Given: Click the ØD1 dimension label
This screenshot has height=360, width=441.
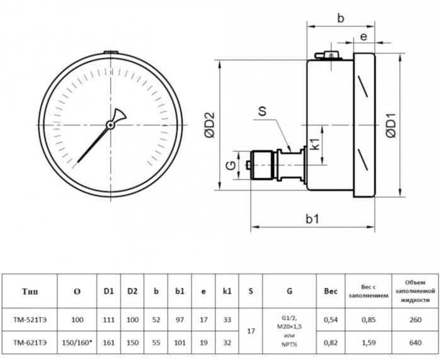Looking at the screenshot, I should [x=392, y=125].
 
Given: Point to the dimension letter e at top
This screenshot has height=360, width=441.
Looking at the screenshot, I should [x=364, y=38].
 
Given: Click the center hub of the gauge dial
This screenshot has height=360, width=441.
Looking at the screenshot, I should [x=110, y=125].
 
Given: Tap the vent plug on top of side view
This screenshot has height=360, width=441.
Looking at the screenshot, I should [x=330, y=56].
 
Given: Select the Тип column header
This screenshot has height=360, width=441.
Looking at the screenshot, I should [x=30, y=291].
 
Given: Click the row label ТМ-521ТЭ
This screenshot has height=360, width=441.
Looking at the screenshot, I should [x=30, y=320].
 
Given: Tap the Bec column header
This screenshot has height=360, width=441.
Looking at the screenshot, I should [x=330, y=291].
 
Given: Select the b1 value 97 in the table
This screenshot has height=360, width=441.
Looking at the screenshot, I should [x=179, y=320].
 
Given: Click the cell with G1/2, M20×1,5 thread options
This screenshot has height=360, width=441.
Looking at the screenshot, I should [x=289, y=330].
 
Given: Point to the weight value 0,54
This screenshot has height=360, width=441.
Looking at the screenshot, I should [x=330, y=320].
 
